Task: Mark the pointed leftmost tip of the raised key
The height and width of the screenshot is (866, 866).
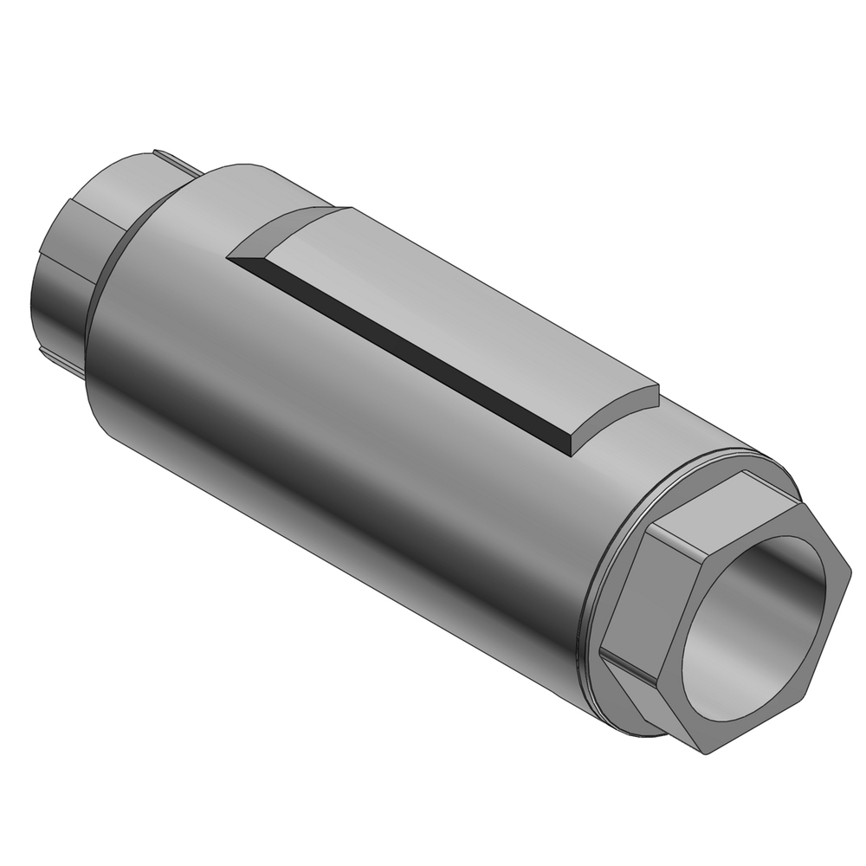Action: click(228, 255)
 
